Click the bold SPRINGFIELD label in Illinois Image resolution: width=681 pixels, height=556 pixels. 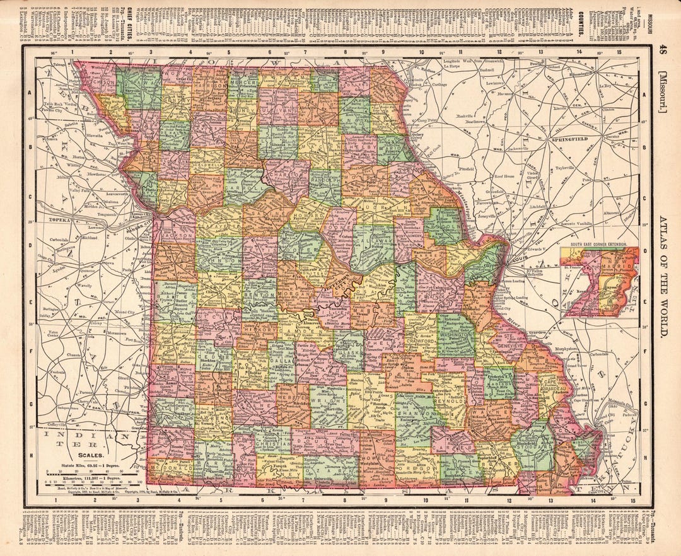click(570, 138)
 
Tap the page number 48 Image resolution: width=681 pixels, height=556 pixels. click(661, 50)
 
